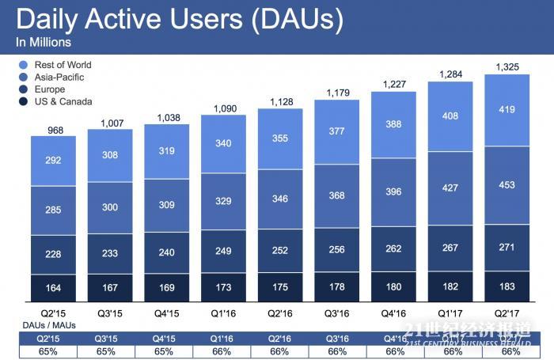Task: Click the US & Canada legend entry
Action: (62, 101)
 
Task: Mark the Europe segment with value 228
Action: (54, 254)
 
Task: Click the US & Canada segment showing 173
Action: (224, 286)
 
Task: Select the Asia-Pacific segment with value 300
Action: (110, 207)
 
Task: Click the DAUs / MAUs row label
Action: (44, 324)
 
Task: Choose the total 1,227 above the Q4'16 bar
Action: (393, 84)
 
